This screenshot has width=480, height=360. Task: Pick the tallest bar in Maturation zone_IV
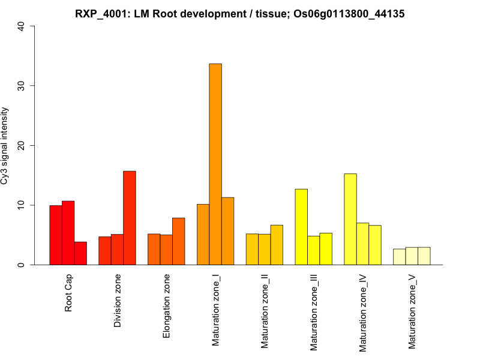[350, 219]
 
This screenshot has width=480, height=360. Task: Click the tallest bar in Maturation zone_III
[301, 227]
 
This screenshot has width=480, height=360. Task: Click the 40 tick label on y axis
[22, 26]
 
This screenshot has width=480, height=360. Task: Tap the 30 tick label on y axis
[22, 86]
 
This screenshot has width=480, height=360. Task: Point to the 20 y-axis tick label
[22, 146]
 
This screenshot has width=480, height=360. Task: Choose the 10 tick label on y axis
[22, 205]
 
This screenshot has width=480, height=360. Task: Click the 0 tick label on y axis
[22, 265]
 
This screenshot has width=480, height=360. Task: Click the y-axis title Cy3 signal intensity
[5, 145]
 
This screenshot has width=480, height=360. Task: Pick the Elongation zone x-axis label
[167, 306]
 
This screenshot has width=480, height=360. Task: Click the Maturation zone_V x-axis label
[412, 311]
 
